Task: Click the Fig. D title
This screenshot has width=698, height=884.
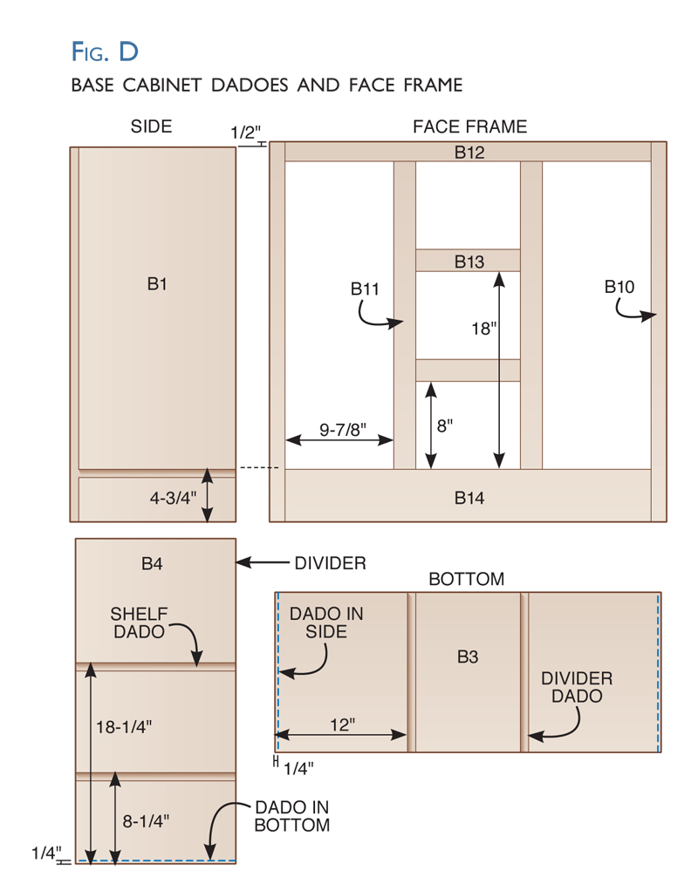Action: click(105, 51)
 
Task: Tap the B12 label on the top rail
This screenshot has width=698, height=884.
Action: click(469, 153)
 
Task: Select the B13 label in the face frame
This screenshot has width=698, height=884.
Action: click(469, 262)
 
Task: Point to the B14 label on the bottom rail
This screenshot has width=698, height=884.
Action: click(469, 498)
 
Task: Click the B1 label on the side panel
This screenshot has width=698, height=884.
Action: click(157, 283)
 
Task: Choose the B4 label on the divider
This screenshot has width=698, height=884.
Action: click(152, 563)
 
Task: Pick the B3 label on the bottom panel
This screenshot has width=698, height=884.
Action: click(468, 656)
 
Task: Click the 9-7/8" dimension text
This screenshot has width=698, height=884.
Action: click(343, 430)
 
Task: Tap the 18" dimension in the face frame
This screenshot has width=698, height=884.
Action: click(484, 329)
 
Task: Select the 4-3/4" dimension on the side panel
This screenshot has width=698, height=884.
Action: click(174, 498)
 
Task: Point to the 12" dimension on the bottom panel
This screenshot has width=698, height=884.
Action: click(343, 724)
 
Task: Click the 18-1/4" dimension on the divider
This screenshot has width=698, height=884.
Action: click(124, 727)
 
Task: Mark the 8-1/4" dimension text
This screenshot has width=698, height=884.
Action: click(147, 821)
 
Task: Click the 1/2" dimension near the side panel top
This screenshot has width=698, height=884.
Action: click(245, 133)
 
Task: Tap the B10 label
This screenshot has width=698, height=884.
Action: click(619, 287)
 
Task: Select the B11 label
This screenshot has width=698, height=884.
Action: click(365, 289)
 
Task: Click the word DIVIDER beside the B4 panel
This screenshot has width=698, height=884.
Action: click(330, 563)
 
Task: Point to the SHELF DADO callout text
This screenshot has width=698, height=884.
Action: click(139, 622)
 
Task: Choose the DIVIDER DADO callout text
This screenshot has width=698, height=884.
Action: click(577, 687)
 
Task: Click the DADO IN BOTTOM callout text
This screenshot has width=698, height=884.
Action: click(291, 816)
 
